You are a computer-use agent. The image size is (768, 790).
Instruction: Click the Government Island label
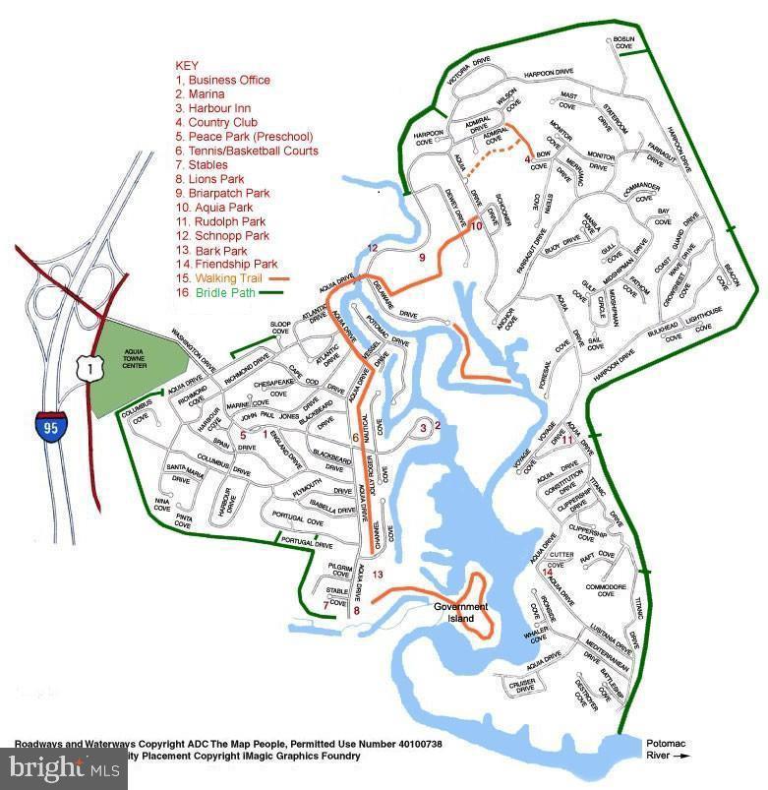click(461, 613)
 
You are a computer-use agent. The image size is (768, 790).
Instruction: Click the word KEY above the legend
click(187, 66)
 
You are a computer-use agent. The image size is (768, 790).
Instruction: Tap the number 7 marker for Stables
click(325, 605)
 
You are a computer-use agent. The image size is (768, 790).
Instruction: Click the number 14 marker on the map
click(548, 572)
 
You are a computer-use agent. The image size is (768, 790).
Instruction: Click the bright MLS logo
click(64, 768)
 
